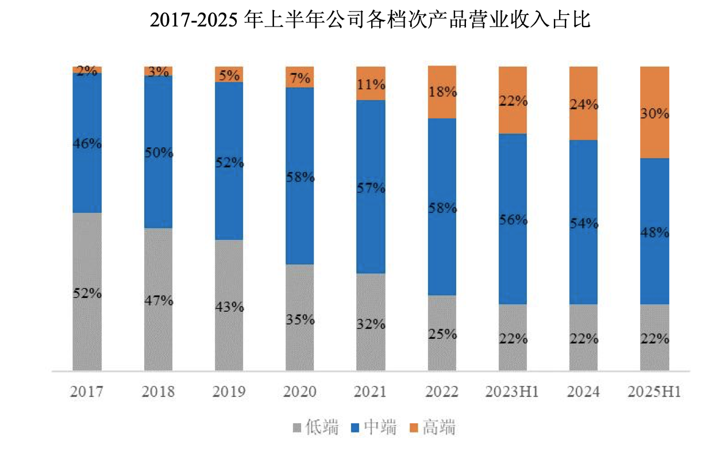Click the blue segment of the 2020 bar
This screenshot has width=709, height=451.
click(300, 219)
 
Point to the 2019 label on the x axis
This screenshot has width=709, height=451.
click(229, 392)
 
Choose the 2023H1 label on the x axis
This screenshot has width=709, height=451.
click(512, 392)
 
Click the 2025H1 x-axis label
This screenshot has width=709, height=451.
click(654, 392)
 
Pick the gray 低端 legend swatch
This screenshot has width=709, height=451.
click(297, 427)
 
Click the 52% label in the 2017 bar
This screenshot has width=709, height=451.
click(87, 293)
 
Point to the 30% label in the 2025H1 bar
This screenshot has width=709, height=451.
click(655, 113)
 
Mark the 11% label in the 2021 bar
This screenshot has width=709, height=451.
click(371, 85)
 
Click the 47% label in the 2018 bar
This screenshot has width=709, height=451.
click(159, 300)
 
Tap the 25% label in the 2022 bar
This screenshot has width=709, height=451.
click(442, 334)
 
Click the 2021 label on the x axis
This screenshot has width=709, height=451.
click(371, 392)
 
